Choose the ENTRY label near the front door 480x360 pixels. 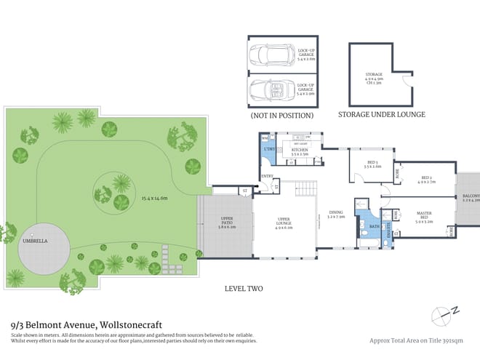point(266,175)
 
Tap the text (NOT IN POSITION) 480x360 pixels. point(282,115)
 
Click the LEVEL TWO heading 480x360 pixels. point(244,289)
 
